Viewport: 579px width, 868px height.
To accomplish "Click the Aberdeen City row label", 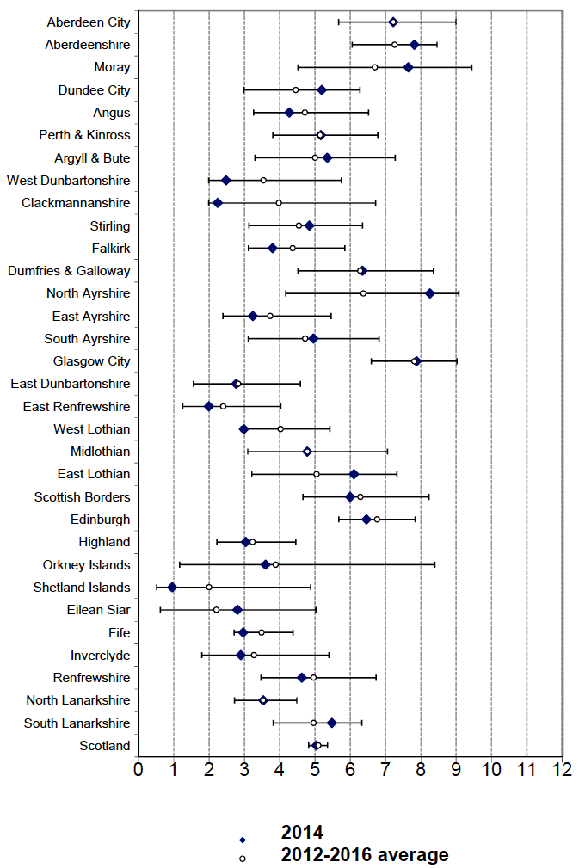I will (x=89, y=22).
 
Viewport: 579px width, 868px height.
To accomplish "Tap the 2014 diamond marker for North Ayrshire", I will (x=430, y=293).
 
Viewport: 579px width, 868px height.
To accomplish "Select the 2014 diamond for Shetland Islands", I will (x=172, y=588).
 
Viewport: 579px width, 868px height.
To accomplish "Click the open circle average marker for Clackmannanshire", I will (x=279, y=203).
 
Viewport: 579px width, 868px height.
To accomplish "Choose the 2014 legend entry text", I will (x=302, y=832).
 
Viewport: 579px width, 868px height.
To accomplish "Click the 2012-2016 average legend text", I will (x=365, y=854).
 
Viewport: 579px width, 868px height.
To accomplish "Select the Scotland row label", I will (x=105, y=746).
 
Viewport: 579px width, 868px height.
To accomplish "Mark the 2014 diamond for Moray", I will (x=409, y=67).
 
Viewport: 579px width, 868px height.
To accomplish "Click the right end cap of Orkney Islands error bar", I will (x=435, y=564).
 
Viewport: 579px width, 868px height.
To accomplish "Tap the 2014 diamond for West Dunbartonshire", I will (x=226, y=181).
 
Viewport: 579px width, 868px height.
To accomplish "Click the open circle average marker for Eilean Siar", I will (x=216, y=610).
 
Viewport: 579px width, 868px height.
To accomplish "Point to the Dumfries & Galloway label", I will (x=69, y=271).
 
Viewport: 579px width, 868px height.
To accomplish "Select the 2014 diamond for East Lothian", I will (x=354, y=474).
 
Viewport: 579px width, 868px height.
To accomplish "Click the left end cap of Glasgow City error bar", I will (x=372, y=361).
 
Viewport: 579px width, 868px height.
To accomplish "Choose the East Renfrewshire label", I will (x=77, y=406).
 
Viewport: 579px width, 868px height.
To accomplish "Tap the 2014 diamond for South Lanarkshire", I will (x=331, y=723).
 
